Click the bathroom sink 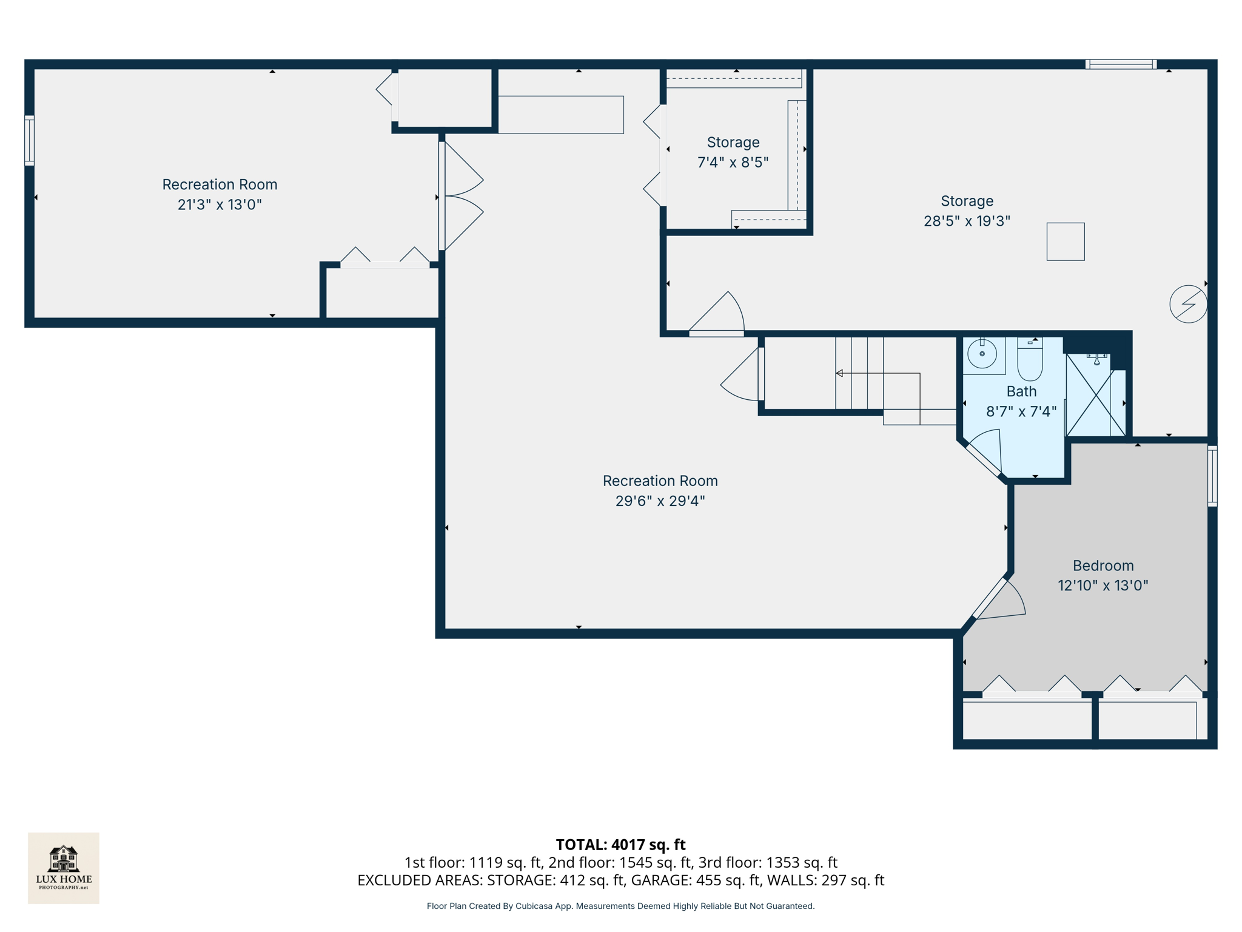pyautogui.click(x=982, y=354)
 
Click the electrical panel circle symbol pyautogui.click(x=1187, y=303)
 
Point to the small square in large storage pyautogui.click(x=1065, y=241)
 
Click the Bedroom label pyautogui.click(x=1103, y=566)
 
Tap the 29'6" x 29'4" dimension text pyautogui.click(x=660, y=501)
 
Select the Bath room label pyautogui.click(x=1021, y=391)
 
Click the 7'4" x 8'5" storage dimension pyautogui.click(x=733, y=162)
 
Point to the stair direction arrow pyautogui.click(x=840, y=373)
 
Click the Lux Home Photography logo pyautogui.click(x=64, y=868)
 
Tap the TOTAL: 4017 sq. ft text pyautogui.click(x=620, y=844)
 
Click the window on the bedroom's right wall pyautogui.click(x=1212, y=476)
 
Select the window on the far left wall pyautogui.click(x=29, y=140)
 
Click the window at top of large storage pyautogui.click(x=1120, y=64)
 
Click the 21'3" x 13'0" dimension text pyautogui.click(x=220, y=204)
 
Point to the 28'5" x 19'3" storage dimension pyautogui.click(x=967, y=221)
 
